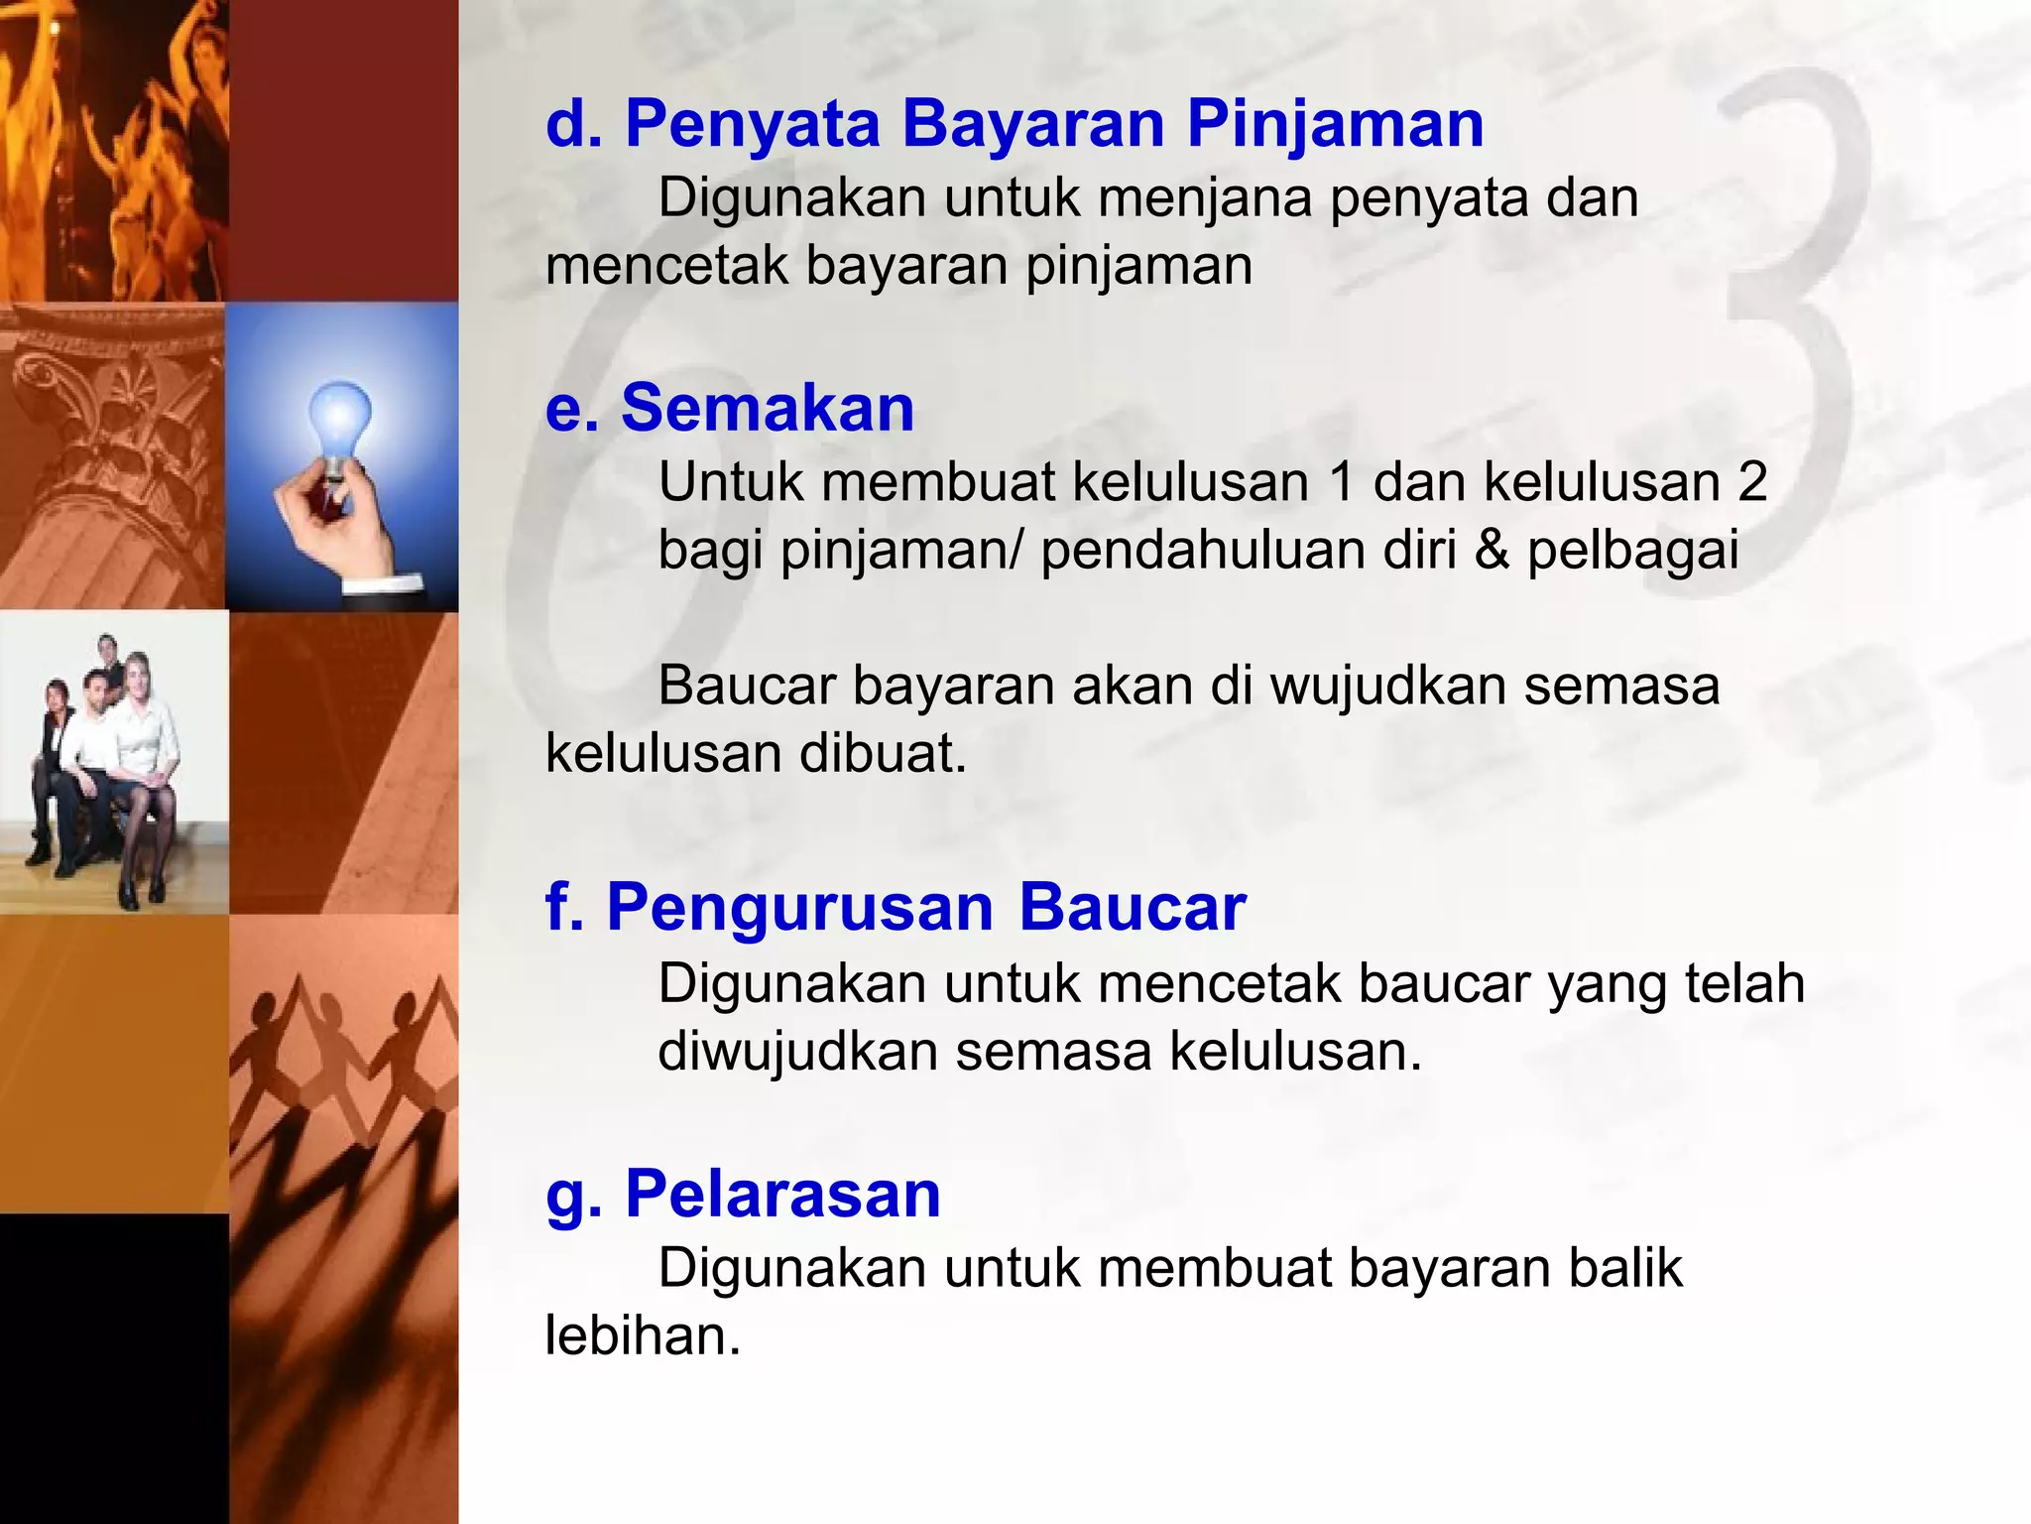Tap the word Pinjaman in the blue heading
[1335, 125]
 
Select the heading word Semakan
[767, 409]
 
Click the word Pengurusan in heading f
[799, 908]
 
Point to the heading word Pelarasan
[782, 1194]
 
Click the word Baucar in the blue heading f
[1132, 908]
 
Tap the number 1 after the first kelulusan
[1341, 483]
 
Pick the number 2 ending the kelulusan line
[1752, 483]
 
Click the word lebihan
[643, 1336]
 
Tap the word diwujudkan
[797, 1052]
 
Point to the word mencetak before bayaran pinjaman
[666, 266]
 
